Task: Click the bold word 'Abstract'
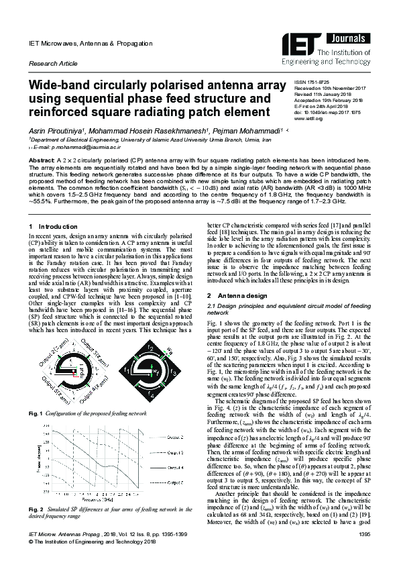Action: pos(41,161)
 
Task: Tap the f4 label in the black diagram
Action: pos(152,397)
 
